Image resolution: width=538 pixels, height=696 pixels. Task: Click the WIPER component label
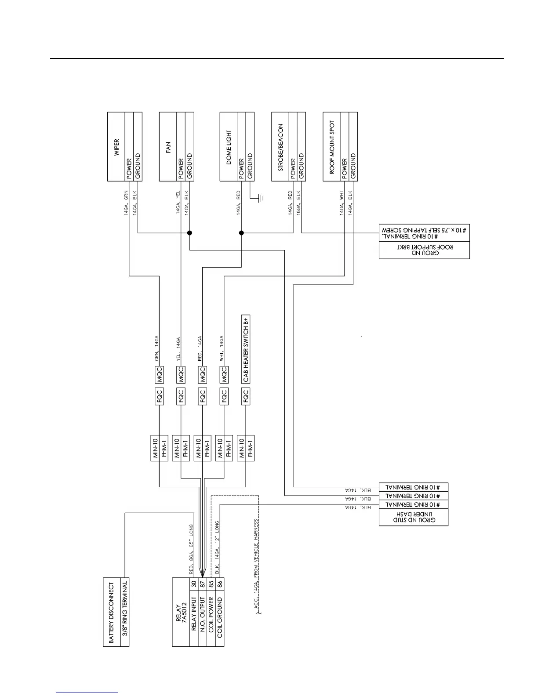tap(116, 148)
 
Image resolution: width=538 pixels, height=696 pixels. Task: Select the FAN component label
tap(168, 147)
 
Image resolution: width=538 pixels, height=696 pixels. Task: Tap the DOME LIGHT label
tap(229, 147)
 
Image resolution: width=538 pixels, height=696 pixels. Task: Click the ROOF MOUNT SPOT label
tap(332, 147)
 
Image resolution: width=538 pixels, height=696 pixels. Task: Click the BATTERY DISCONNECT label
tap(111, 613)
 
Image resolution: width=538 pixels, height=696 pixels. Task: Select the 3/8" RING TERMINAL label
tap(125, 613)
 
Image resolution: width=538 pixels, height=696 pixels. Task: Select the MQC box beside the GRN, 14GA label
tap(159, 374)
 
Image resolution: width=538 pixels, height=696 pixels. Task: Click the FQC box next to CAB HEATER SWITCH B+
tap(246, 396)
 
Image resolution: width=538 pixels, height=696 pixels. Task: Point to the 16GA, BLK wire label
tap(298, 202)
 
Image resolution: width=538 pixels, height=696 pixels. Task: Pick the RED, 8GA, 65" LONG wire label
tap(191, 549)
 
